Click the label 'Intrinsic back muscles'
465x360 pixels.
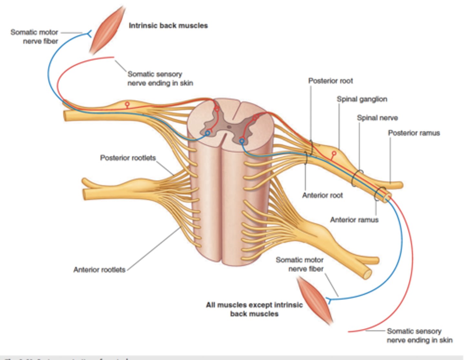tap(168, 26)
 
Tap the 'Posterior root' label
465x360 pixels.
tap(330, 81)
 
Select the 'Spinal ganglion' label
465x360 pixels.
tap(362, 99)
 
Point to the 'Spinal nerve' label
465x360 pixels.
tap(377, 118)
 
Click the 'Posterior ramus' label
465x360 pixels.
tap(414, 133)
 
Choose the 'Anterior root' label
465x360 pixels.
tap(322, 195)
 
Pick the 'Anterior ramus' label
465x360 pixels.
tap(354, 220)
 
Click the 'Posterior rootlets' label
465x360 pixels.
tap(128, 158)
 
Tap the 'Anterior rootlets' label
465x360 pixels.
tap(99, 270)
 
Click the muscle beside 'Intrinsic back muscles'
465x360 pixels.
tap(108, 31)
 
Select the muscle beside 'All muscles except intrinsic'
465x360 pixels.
tap(315, 299)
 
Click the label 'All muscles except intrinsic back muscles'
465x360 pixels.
tap(254, 309)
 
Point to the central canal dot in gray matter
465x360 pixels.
tap(229, 127)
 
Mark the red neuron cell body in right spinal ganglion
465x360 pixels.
tap(334, 153)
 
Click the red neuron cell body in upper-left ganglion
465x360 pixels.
tap(127, 104)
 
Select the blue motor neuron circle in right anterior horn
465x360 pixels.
tap(242, 141)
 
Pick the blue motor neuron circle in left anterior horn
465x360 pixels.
tap(208, 133)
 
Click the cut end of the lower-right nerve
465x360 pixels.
tap(367, 274)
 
